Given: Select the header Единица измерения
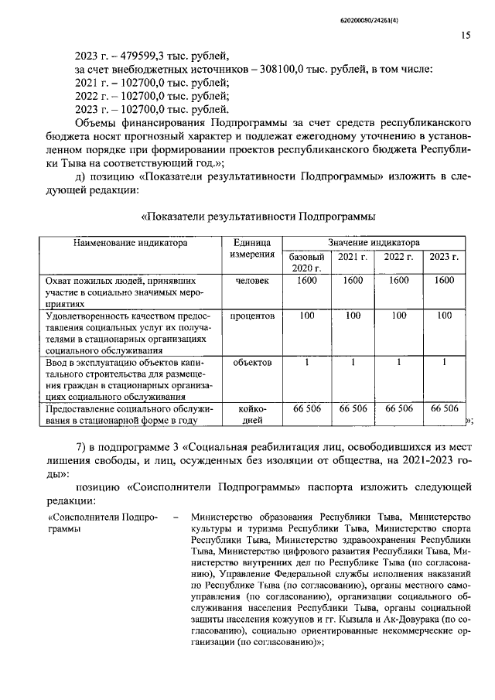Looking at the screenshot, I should pos(252,248).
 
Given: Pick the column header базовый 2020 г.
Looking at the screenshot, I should pos(306,261).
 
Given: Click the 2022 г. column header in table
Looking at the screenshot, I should pos(399,256).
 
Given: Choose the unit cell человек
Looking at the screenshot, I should pos(252,281).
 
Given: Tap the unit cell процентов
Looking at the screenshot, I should pos(252,316).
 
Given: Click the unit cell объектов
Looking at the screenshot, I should pos(252,362).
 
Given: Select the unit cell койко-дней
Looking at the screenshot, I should pos(252,414).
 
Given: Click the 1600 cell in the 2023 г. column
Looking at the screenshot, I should pos(444,281).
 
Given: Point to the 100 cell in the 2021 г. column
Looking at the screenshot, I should pos(353,316).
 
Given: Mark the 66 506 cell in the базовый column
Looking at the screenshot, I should pos(306,408).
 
